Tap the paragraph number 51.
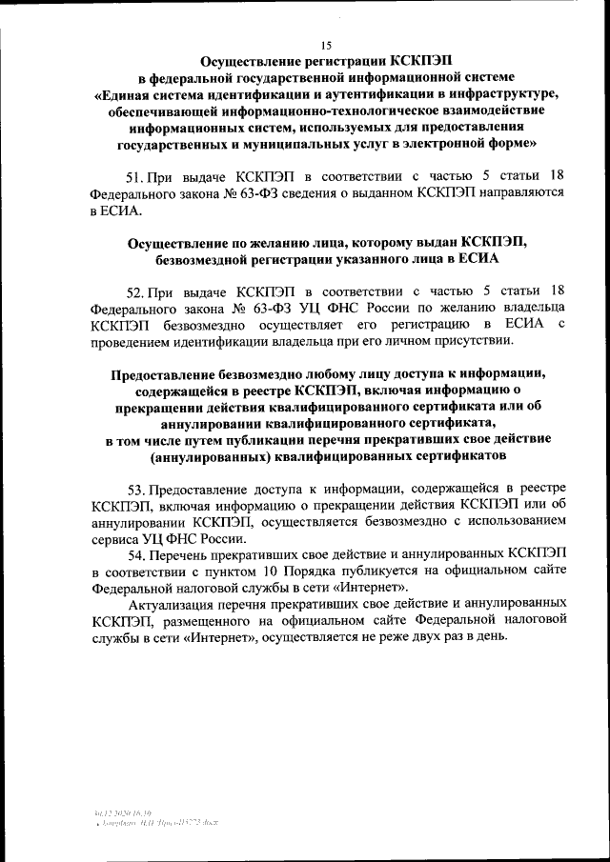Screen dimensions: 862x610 coord(134,177)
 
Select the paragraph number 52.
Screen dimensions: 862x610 coord(134,290)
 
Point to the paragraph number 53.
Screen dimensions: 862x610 coord(134,488)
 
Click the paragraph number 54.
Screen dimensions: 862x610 coord(134,551)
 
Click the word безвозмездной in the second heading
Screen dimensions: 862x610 coord(207,258)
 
